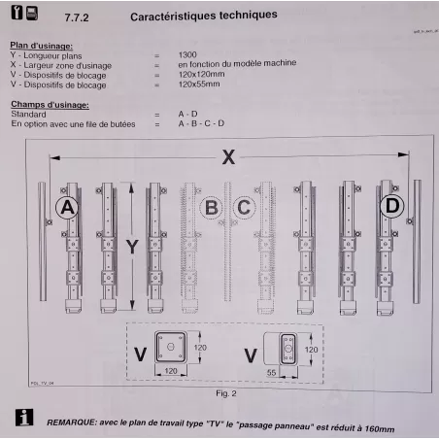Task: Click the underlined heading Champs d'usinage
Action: tap(48, 104)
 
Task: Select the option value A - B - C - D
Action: tap(201, 123)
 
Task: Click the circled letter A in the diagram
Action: tap(67, 207)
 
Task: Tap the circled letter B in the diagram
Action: tap(210, 207)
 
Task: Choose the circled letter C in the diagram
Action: tap(244, 207)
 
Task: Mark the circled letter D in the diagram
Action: tap(392, 207)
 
